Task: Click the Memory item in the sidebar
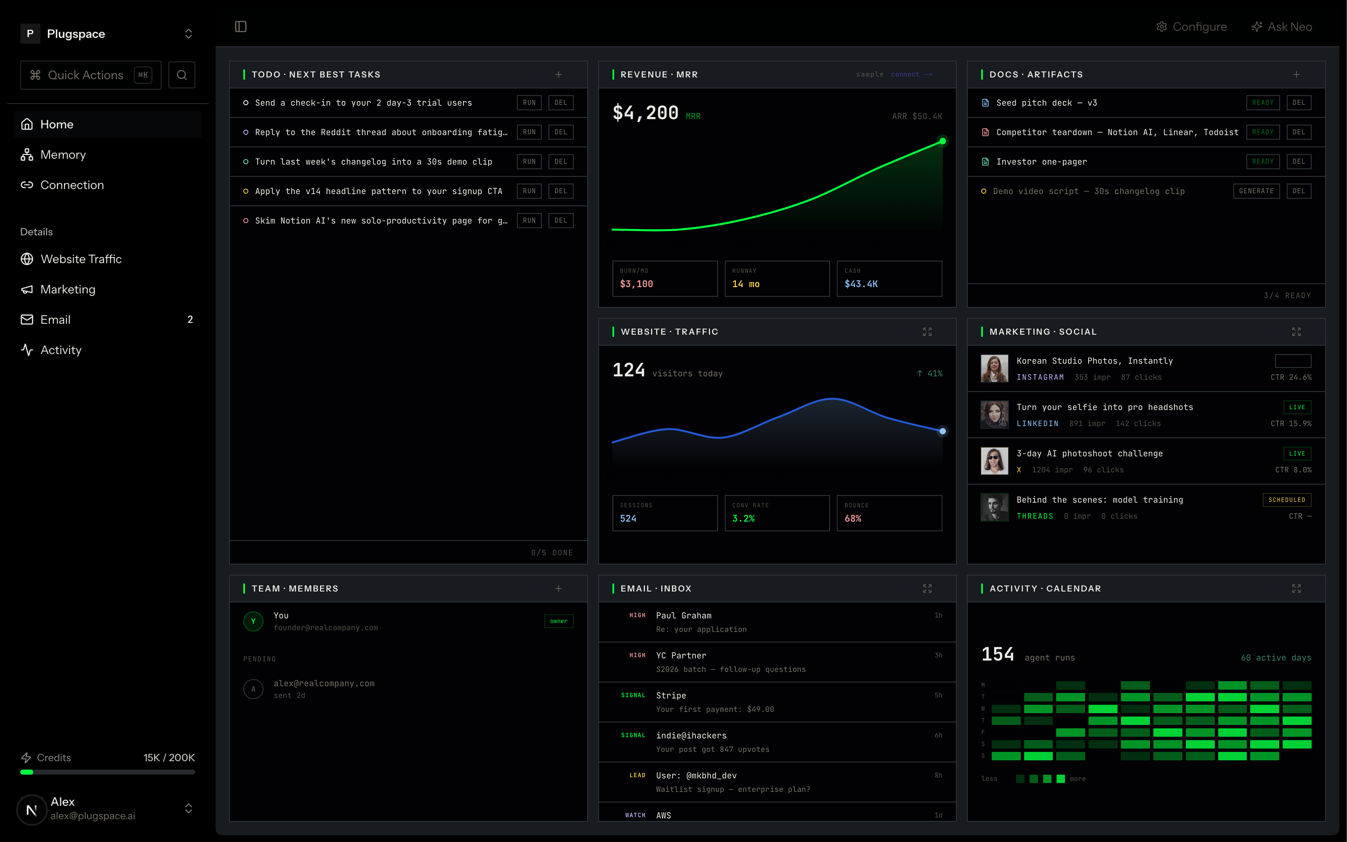[53, 155]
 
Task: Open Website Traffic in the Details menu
[71, 259]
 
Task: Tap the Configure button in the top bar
[1192, 27]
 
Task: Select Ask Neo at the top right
[1281, 27]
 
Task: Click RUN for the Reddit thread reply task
[529, 132]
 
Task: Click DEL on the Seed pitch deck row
[1299, 102]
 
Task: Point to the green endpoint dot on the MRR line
[942, 141]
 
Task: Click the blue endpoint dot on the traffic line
[942, 431]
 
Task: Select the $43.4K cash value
[861, 284]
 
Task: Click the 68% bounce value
[853, 518]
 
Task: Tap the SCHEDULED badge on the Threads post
[1287, 500]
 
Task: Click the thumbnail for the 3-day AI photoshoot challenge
[994, 461]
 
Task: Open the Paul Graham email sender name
[684, 616]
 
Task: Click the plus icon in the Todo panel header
[558, 75]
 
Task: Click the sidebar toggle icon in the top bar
[240, 27]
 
